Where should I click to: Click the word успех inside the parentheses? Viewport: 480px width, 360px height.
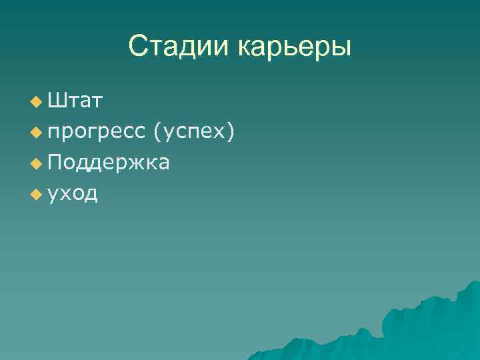(x=193, y=132)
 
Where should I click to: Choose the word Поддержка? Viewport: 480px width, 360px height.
(x=108, y=163)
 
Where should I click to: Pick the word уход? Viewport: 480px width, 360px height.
(x=73, y=194)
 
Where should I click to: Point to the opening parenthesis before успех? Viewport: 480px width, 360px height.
(x=156, y=132)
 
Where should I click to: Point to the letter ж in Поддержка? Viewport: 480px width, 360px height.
(x=132, y=163)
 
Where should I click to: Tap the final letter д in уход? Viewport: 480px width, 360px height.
(x=91, y=195)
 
